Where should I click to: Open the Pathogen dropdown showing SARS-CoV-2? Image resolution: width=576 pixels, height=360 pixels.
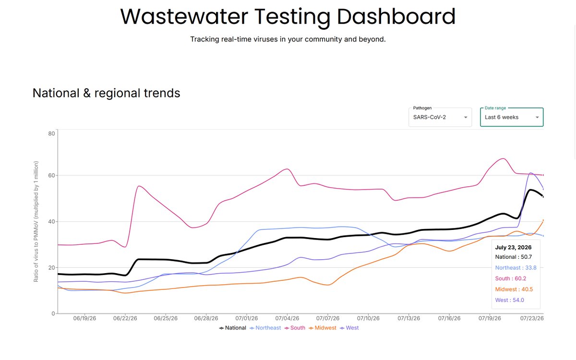(440, 117)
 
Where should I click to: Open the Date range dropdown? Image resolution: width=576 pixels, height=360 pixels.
(512, 117)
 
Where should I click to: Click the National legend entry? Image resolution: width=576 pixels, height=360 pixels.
(232, 328)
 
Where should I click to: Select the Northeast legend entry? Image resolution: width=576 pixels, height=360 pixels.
(265, 328)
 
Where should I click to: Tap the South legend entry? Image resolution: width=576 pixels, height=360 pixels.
(295, 328)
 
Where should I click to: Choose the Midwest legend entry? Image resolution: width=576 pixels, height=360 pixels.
(323, 328)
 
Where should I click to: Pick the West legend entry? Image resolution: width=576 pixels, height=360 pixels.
(349, 328)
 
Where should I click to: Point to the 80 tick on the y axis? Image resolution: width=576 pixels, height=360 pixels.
(51, 133)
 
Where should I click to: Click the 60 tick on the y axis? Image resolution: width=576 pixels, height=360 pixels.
(51, 175)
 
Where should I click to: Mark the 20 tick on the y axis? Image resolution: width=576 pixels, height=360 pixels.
(51, 267)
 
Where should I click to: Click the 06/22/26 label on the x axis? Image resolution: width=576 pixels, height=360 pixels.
(125, 318)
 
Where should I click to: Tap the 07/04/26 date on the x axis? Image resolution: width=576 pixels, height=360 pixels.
(287, 318)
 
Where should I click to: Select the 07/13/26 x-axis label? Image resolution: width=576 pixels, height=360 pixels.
(409, 318)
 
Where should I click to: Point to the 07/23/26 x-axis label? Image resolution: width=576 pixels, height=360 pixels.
(532, 318)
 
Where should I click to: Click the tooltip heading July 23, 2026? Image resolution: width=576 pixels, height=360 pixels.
(513, 247)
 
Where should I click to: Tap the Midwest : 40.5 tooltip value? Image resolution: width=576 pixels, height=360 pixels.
(514, 289)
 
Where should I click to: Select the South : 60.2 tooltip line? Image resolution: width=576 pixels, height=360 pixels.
(511, 278)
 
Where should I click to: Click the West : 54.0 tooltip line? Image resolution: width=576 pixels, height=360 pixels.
(510, 300)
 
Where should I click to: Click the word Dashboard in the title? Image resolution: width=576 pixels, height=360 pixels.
(396, 16)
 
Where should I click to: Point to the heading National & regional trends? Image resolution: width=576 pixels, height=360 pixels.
(106, 93)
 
